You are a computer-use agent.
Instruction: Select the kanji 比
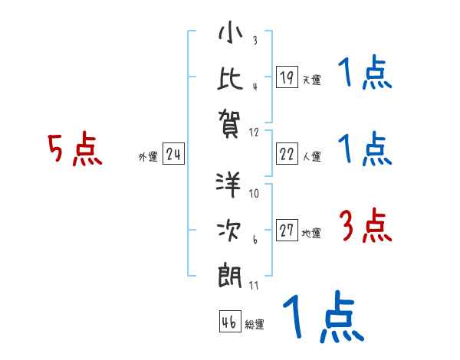pos(230,77)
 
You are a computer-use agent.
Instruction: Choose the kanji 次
pos(230,229)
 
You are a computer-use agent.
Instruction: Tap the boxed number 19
pos(287,77)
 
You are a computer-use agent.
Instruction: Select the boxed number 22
pos(287,154)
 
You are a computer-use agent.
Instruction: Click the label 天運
pos(311,80)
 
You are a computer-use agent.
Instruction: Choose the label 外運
pos(148,157)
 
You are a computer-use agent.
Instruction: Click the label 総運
pos(255,325)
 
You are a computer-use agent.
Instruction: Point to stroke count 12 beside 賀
pos(255,132)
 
